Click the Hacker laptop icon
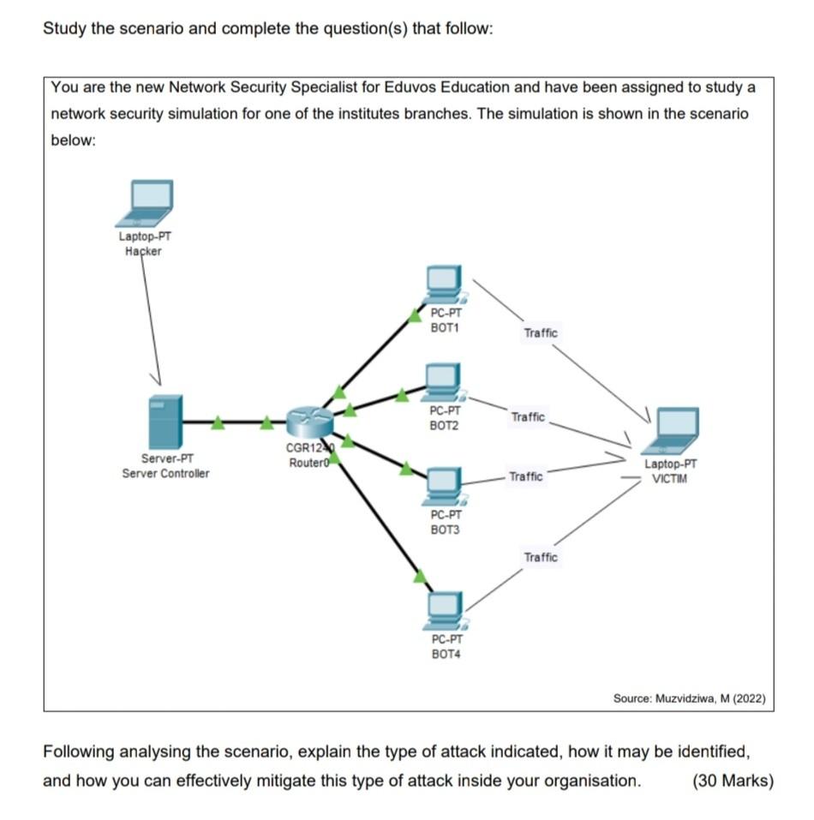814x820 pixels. [150, 202]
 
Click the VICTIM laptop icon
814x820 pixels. [673, 431]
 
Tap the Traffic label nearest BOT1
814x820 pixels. [540, 332]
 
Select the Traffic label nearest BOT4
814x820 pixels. [540, 557]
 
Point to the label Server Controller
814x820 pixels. [165, 473]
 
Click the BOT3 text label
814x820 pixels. [446, 530]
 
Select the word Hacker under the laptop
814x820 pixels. [142, 251]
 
